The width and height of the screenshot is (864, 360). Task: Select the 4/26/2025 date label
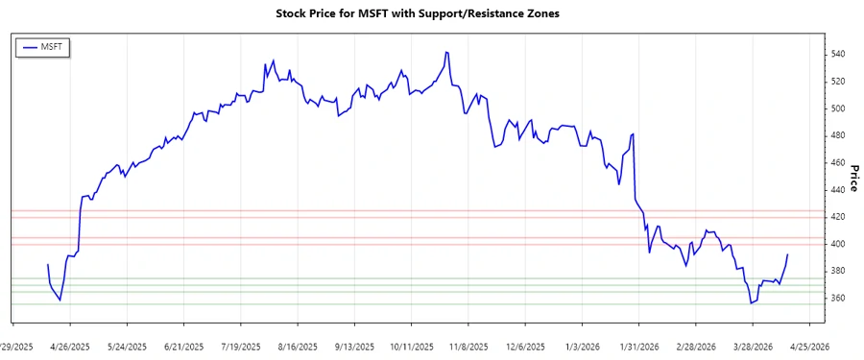(x=72, y=346)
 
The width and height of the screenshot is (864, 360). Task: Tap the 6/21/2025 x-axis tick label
(x=183, y=346)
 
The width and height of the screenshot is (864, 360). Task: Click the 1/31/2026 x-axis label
(x=638, y=346)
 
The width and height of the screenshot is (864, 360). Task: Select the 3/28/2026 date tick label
(x=751, y=346)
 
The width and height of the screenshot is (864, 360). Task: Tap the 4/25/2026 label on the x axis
(x=806, y=346)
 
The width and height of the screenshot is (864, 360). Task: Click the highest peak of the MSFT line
(x=446, y=52)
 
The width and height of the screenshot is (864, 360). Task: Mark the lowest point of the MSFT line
(x=751, y=303)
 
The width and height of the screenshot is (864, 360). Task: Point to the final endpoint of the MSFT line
(x=788, y=254)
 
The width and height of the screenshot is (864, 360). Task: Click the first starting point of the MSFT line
(x=47, y=264)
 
